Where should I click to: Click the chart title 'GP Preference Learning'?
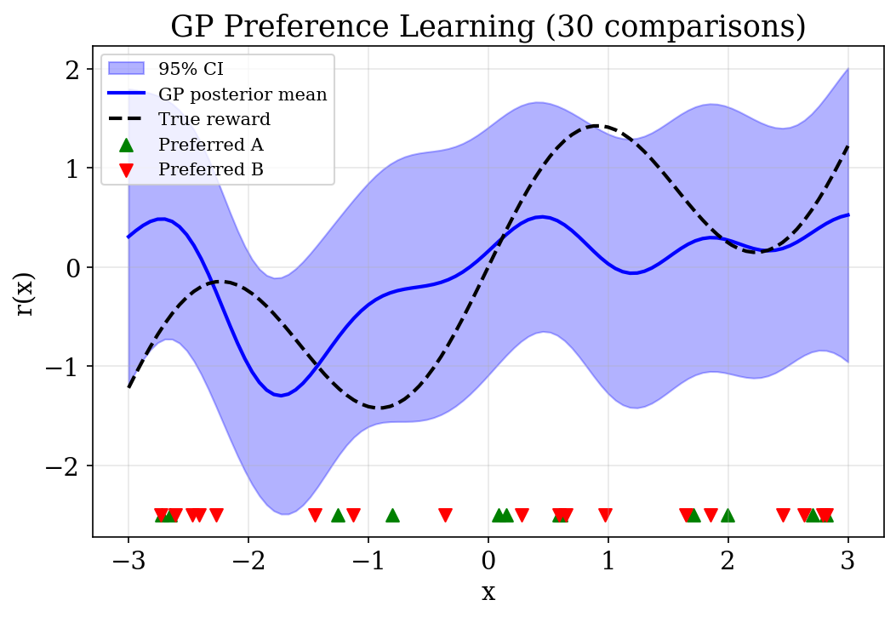(488, 27)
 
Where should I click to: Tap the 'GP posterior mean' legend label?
(243, 94)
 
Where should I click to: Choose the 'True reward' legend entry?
(214, 119)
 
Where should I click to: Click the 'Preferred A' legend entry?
(211, 145)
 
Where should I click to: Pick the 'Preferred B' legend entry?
(211, 169)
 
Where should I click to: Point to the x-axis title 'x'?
(488, 592)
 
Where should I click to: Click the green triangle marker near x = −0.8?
(392, 515)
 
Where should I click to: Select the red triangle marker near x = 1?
(605, 515)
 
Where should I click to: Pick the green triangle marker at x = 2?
(728, 515)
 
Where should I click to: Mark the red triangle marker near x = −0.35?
(445, 515)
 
